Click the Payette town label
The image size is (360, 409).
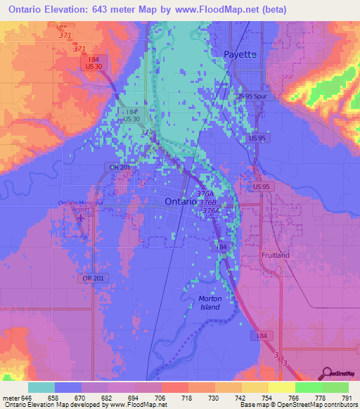pos(240,54)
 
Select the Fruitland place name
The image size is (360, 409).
pos(275,255)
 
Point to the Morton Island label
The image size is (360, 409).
pos(210,303)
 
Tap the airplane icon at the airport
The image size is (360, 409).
pos(82,217)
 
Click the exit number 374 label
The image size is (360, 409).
pos(146,132)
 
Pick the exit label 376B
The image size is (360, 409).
pos(207,202)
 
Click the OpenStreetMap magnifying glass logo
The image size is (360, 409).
pos(326,372)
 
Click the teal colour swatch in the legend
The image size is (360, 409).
pos(41,387)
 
